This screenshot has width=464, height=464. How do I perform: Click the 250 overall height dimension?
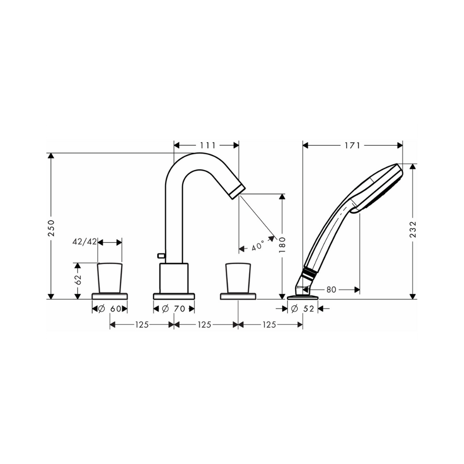coord(52,227)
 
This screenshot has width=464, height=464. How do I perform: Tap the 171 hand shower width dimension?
coord(352,145)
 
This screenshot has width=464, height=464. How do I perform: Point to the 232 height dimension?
coord(413,230)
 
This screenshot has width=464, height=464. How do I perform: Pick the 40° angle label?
coord(258,246)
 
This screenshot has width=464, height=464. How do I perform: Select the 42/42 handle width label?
coord(84,242)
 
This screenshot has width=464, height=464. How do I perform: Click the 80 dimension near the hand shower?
coord(330,290)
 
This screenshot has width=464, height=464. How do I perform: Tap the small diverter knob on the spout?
coord(161,255)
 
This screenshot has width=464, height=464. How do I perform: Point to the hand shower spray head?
coord(378,188)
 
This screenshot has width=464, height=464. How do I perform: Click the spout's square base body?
coord(174,278)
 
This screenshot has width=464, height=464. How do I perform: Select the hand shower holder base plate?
coord(303,297)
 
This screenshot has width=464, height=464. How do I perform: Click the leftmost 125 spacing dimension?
coord(142,325)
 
